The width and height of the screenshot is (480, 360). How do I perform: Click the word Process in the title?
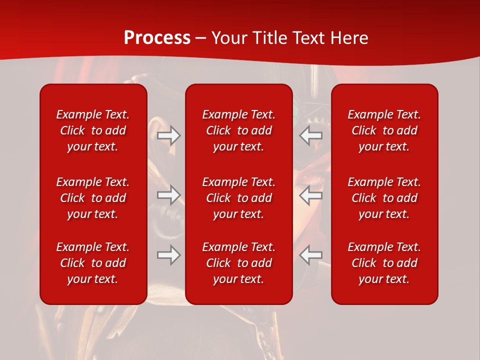(157, 38)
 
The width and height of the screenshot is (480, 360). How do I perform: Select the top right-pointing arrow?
(169, 135)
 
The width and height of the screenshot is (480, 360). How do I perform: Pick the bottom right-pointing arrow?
(169, 255)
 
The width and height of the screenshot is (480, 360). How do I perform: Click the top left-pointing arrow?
(310, 135)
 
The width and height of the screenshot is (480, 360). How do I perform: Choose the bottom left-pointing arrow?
(310, 255)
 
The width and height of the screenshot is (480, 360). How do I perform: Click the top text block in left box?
(93, 130)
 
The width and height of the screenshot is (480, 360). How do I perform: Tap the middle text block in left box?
(93, 198)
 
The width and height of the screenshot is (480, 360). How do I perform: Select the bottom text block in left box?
(93, 263)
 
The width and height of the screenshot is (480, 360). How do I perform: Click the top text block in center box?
(238, 130)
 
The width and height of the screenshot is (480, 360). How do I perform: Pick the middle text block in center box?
(238, 198)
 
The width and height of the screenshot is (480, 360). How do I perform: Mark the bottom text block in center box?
(238, 263)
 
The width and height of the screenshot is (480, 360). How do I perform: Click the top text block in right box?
(384, 130)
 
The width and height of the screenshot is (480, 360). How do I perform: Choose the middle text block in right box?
(384, 198)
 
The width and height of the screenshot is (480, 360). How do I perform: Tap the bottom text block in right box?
(384, 263)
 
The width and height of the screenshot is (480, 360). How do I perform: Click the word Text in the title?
(307, 38)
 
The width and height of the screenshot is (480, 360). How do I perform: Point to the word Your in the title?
(228, 38)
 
